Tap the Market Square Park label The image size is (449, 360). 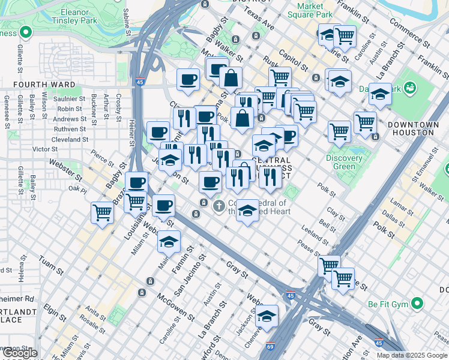pyautogui.click(x=310, y=10)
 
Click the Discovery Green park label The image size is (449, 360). pyautogui.click(x=344, y=163)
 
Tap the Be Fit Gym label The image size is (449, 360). pyautogui.click(x=388, y=304)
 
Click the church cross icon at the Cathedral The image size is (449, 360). pyautogui.click(x=219, y=206)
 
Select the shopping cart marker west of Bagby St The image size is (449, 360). pyautogui.click(x=103, y=212)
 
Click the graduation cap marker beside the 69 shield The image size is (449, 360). pyautogui.click(x=267, y=316)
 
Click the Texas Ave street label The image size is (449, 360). pyautogui.click(x=259, y=19)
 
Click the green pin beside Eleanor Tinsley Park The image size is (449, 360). pyautogui.click(x=25, y=32)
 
